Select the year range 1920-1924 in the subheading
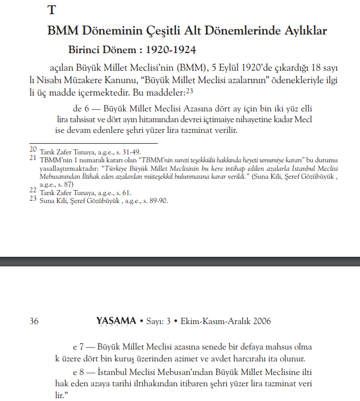[x=165, y=50]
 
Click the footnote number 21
[x=33, y=158]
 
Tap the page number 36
[x=33, y=321]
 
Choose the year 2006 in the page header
[x=259, y=321]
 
